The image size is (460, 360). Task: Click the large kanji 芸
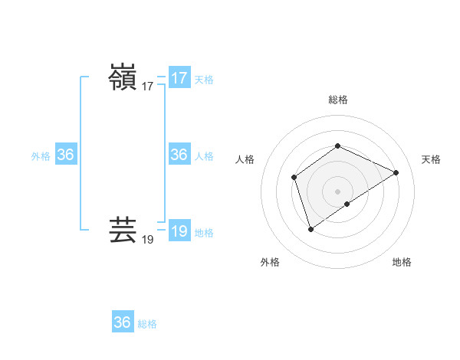(x=123, y=231)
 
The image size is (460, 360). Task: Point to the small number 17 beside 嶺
(x=148, y=87)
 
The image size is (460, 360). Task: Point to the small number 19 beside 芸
(x=148, y=240)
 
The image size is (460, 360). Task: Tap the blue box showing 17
(x=179, y=78)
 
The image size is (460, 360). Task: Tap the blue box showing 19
(x=179, y=231)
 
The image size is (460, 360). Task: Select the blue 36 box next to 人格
(x=179, y=155)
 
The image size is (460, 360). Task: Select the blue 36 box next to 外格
(x=65, y=155)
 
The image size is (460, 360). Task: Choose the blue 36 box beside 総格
(x=123, y=322)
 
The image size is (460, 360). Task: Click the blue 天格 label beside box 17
(x=204, y=80)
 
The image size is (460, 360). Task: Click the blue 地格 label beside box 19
(x=204, y=233)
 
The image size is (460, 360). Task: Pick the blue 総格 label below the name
(x=147, y=324)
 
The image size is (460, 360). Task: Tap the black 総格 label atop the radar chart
(x=338, y=100)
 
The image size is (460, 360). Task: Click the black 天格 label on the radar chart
(x=431, y=159)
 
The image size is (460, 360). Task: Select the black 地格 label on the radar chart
(x=402, y=262)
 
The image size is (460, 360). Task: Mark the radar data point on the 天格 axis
(x=396, y=172)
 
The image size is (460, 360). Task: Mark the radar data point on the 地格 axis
(x=347, y=204)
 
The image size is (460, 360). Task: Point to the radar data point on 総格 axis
(x=337, y=146)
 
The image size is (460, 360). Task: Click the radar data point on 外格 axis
(x=310, y=228)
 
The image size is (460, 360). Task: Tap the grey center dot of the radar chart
(x=337, y=191)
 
